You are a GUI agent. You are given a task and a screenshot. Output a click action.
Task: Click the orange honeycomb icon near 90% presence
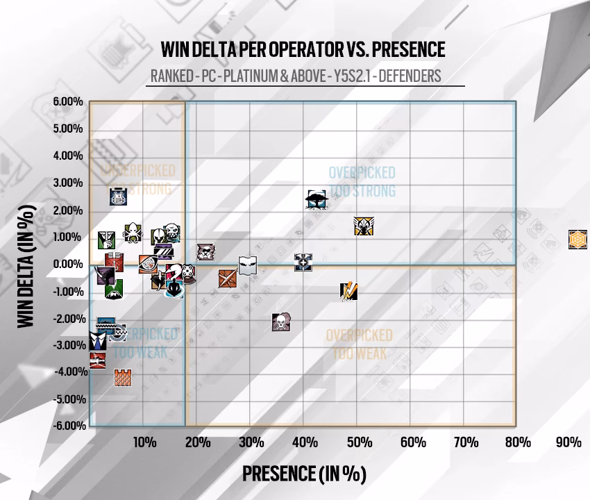[578, 240]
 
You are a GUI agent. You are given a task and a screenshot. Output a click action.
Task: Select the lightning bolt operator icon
[348, 290]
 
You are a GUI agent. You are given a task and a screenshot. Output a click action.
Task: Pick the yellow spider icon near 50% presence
[363, 226]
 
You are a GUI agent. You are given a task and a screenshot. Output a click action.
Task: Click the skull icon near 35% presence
[280, 322]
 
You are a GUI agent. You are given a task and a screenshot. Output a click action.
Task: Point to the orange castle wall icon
[123, 378]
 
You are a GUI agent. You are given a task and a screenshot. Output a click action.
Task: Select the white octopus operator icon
[131, 233]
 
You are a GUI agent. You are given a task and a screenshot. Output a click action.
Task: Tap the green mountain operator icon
[114, 288]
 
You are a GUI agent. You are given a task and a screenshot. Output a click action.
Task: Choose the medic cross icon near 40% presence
[303, 262]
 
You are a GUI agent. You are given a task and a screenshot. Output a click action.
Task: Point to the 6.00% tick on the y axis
[68, 102]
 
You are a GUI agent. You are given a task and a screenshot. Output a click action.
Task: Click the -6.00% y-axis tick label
[67, 426]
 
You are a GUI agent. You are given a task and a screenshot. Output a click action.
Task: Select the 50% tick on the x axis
[360, 442]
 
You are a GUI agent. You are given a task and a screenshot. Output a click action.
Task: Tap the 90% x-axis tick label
[568, 442]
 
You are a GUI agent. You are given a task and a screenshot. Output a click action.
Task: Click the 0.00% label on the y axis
[68, 264]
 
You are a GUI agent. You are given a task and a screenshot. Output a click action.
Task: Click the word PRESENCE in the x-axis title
[279, 474]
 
